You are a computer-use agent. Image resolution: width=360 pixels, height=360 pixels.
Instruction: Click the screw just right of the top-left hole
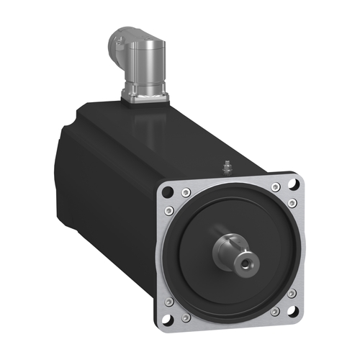point(186,192)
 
